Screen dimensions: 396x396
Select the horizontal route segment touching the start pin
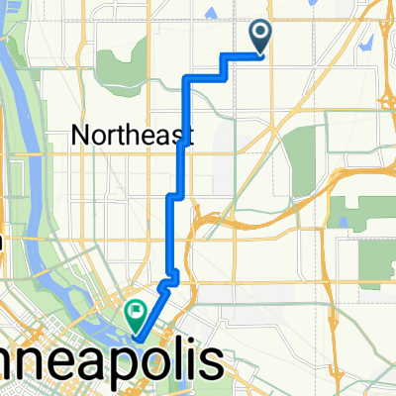point(243,55)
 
